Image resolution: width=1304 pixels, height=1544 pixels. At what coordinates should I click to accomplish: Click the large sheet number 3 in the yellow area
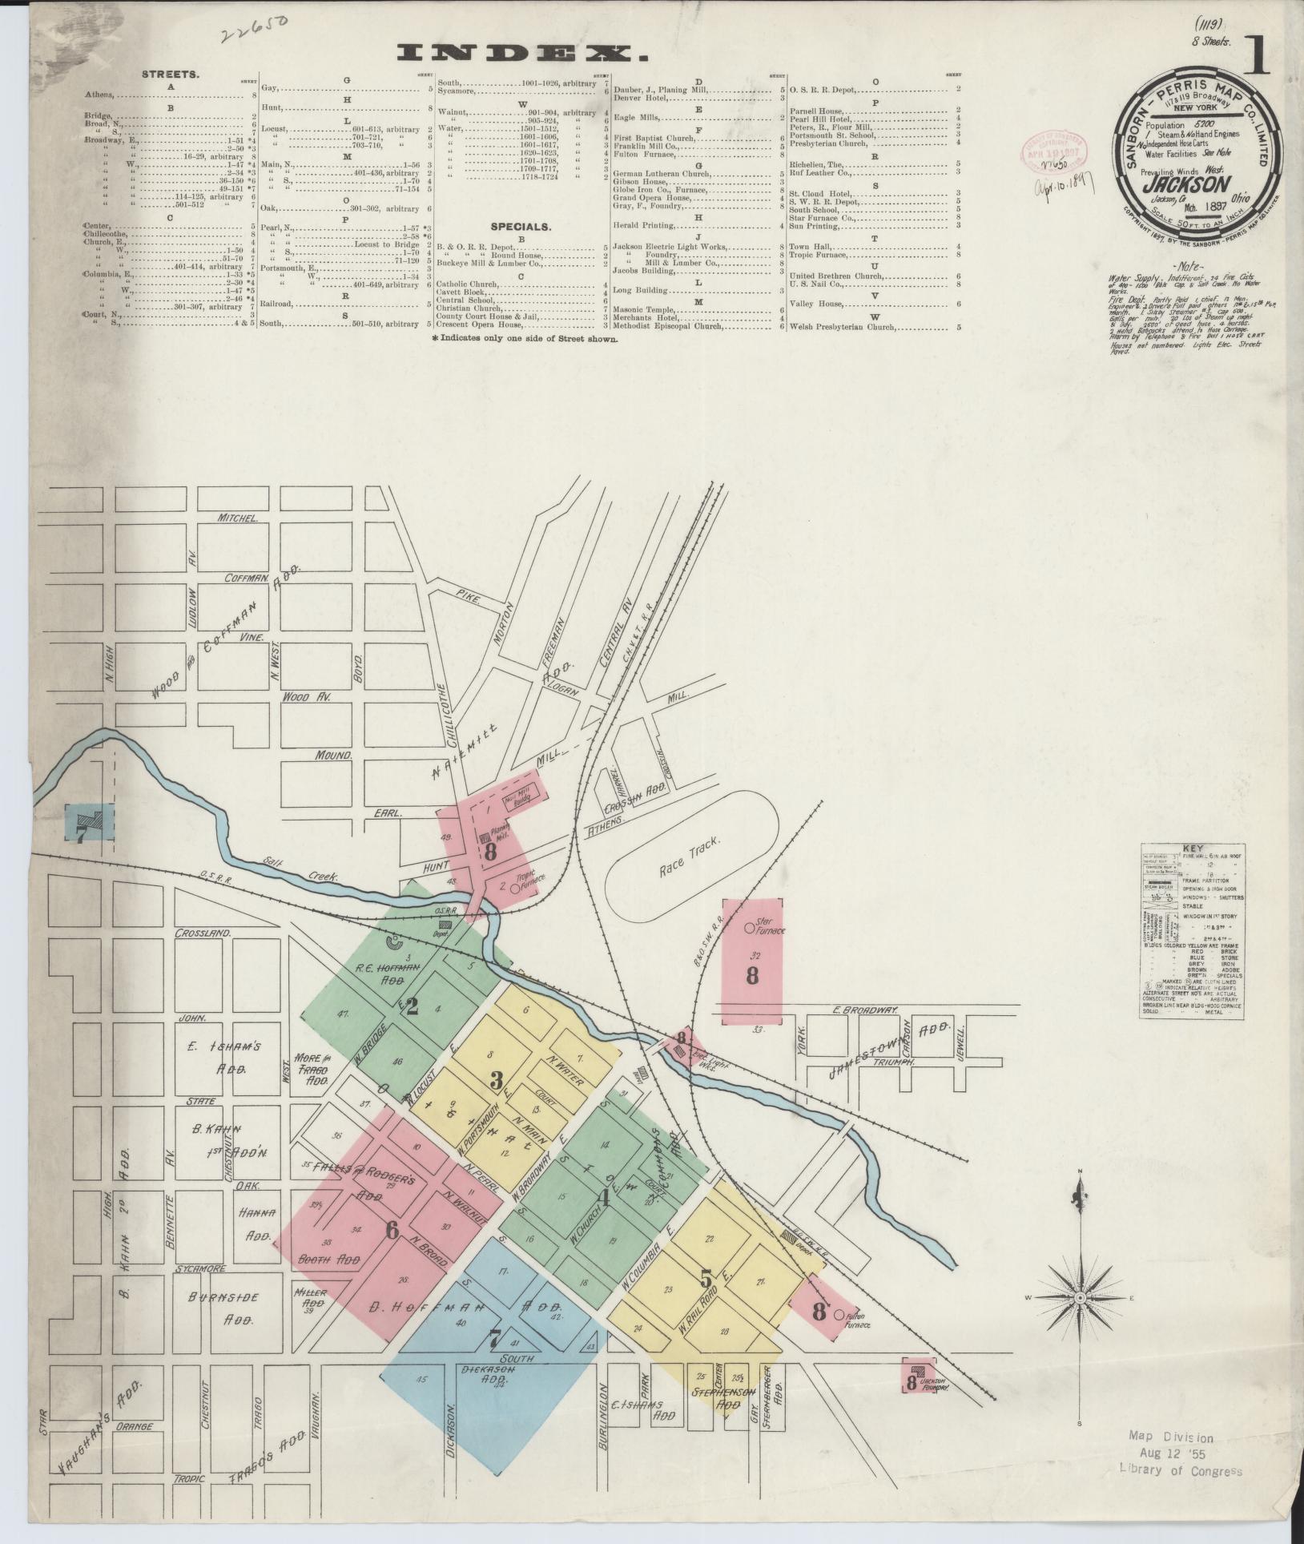[496, 1082]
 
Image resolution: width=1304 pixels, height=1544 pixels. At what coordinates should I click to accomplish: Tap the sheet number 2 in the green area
[412, 1006]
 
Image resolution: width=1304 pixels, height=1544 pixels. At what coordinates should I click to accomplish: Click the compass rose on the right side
[1079, 1296]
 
